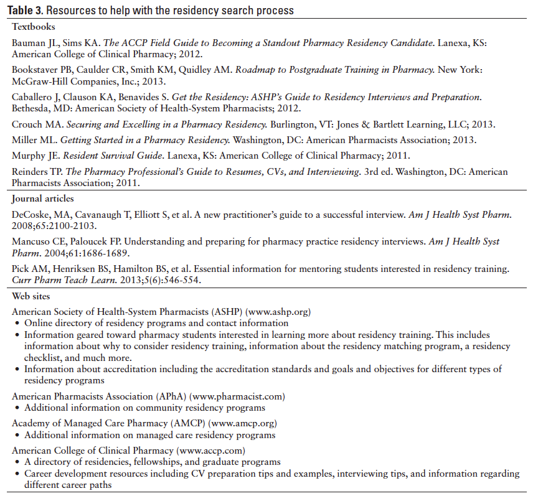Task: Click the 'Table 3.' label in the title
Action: pos(26,11)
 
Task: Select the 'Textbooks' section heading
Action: pos(34,27)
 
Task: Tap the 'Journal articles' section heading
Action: pos(43,199)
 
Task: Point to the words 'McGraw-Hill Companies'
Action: pos(59,81)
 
